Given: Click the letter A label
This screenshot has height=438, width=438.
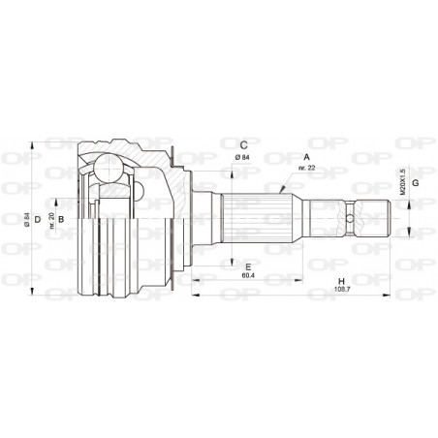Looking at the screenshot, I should tap(307, 156).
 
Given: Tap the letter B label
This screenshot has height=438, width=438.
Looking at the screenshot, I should tap(61, 220).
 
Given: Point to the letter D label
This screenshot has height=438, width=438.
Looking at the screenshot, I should tap(38, 220).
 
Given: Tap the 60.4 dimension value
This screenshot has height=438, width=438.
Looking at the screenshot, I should tap(248, 276).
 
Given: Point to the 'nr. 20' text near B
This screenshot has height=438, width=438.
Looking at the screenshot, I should tap(51, 220).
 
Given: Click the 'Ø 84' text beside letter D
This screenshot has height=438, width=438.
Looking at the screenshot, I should tap(28, 220).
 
